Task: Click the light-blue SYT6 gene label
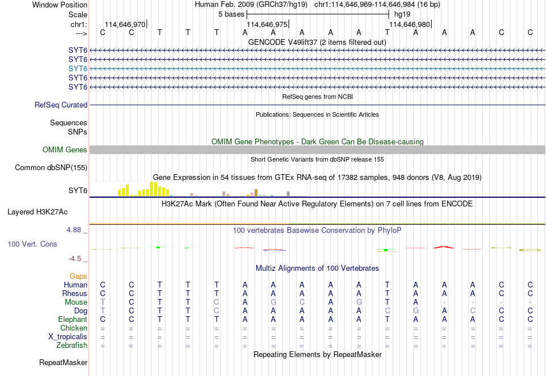(78, 68)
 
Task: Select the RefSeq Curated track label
(61, 105)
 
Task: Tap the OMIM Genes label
(65, 150)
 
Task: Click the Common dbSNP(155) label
(51, 168)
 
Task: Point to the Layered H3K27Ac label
(37, 212)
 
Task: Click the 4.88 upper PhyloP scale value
(74, 230)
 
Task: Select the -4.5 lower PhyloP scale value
(75, 259)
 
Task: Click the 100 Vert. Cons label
(32, 244)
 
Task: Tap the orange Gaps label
(78, 277)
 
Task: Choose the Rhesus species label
(75, 293)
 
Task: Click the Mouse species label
(76, 302)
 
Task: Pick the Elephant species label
(72, 319)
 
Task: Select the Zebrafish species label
(72, 346)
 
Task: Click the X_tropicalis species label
(68, 337)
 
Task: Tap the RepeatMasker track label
(63, 363)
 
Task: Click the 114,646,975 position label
(267, 24)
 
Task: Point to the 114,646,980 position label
(409, 24)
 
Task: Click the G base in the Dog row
(416, 310)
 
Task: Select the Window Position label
(60, 5)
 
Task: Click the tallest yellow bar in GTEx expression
(152, 189)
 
